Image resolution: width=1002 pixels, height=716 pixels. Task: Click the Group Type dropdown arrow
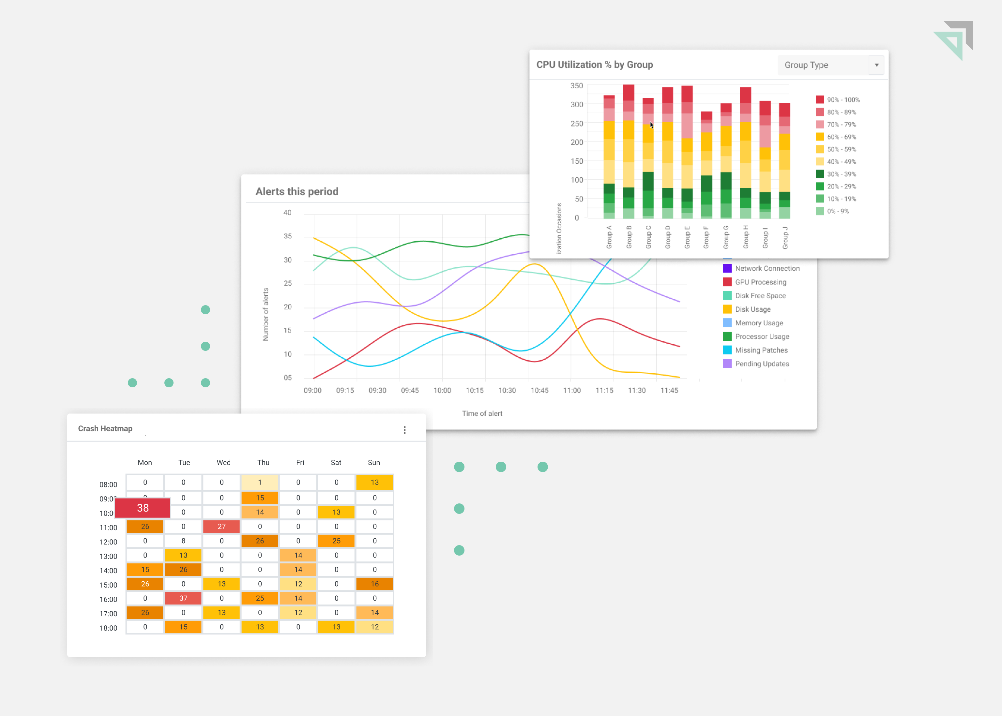click(x=876, y=65)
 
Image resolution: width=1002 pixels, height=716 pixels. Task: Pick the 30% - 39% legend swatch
click(x=819, y=174)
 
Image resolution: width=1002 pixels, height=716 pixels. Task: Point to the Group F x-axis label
click(x=706, y=237)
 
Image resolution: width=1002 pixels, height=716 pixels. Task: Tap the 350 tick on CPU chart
click(x=576, y=85)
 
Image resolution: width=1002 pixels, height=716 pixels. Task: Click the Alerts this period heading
click(x=297, y=191)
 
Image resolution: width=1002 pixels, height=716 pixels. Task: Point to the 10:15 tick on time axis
click(x=475, y=390)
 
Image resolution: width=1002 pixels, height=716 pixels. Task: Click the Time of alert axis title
click(x=482, y=413)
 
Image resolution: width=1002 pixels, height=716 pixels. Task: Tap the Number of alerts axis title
click(x=266, y=314)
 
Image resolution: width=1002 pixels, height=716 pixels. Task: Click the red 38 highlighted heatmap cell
click(x=143, y=508)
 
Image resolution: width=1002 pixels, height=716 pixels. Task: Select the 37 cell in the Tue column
click(x=183, y=598)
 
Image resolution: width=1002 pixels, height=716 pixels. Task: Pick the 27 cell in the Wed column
click(x=221, y=527)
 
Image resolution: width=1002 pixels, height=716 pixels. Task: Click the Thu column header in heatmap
click(x=263, y=462)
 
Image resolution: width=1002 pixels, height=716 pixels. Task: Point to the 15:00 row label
click(x=108, y=585)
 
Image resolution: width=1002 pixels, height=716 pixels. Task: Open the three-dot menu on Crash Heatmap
click(x=404, y=430)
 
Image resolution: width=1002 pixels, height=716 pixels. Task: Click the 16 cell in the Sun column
click(x=374, y=584)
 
